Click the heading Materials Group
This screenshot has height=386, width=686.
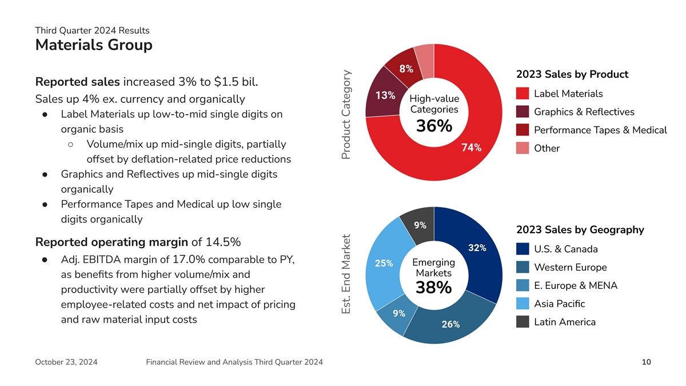click(x=94, y=45)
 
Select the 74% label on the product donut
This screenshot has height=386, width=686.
click(x=470, y=148)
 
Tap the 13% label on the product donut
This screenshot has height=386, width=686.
click(x=385, y=95)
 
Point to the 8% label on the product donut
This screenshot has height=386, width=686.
click(x=406, y=69)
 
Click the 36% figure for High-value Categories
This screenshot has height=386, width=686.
click(x=434, y=126)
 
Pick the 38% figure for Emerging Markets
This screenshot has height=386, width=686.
click(x=434, y=289)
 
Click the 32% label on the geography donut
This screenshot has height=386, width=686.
click(x=477, y=248)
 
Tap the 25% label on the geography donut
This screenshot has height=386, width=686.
click(x=383, y=264)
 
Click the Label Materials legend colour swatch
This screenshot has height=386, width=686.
click(x=522, y=94)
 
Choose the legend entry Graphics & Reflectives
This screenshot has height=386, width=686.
click(x=584, y=112)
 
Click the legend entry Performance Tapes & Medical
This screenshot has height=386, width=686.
click(x=600, y=130)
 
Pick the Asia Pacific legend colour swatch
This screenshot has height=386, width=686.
click(x=522, y=304)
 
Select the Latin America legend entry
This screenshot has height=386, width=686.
click(x=564, y=322)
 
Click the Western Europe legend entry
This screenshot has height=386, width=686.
click(x=570, y=267)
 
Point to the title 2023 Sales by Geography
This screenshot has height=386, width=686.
click(x=580, y=230)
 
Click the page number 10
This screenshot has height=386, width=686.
click(x=646, y=362)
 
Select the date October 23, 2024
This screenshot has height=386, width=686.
click(x=66, y=362)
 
